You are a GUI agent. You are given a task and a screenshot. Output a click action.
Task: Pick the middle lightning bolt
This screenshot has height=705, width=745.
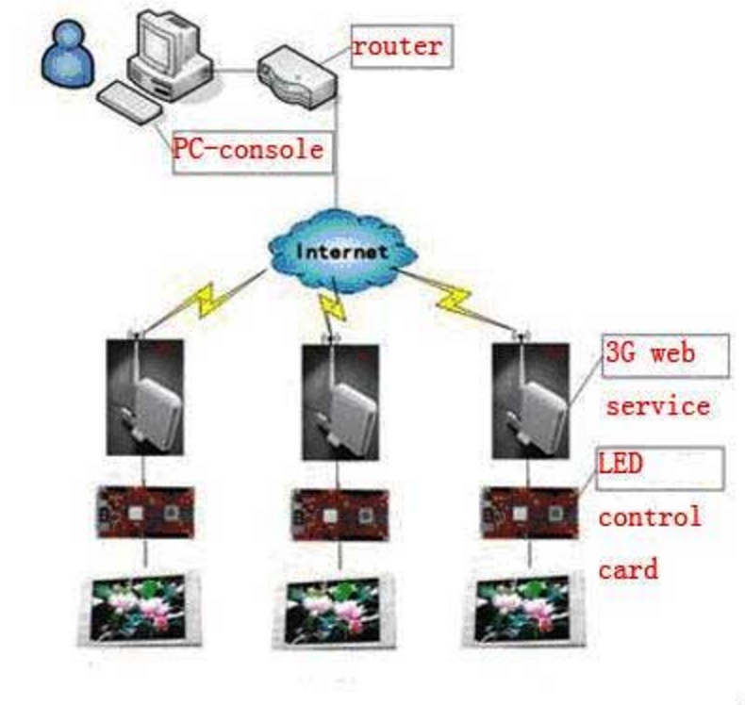(332, 305)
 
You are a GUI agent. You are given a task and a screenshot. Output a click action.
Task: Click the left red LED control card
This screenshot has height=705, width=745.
(144, 512)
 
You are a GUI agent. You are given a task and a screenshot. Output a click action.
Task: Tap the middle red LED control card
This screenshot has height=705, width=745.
(337, 513)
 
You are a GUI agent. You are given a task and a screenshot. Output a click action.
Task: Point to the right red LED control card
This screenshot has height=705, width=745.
(530, 513)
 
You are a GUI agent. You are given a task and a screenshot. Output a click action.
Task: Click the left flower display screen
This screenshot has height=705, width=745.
(142, 608)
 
